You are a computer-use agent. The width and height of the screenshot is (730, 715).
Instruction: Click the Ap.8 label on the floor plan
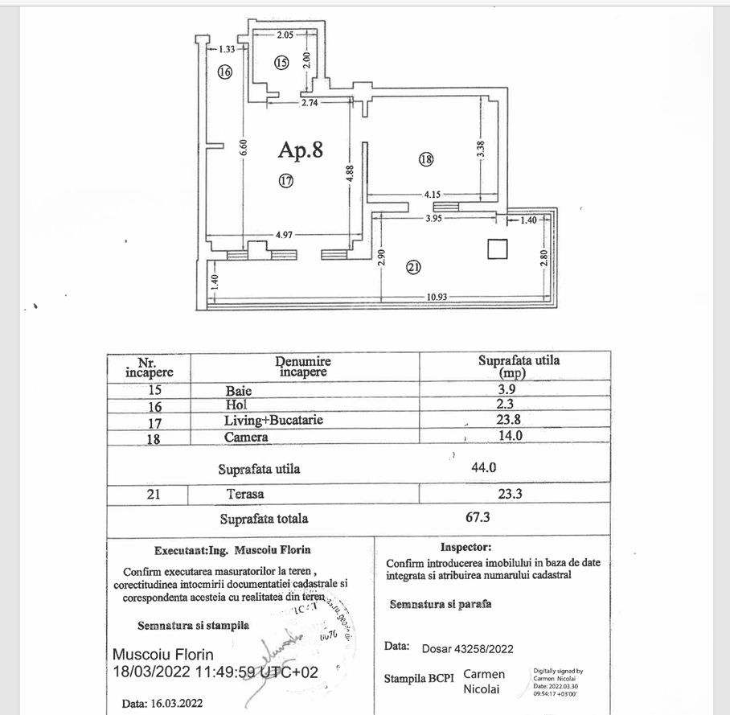pos(301,150)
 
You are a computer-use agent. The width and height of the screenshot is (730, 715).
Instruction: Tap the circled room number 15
pos(281,63)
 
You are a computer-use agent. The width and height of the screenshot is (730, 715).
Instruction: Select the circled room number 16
pos(224,72)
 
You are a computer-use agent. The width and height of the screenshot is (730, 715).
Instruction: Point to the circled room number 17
pos(286,181)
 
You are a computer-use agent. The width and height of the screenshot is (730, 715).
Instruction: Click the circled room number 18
pos(425,159)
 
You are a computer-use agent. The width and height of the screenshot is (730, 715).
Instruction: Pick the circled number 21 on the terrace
pos(413,269)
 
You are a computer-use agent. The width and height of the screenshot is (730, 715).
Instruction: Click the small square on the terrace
pos(498,249)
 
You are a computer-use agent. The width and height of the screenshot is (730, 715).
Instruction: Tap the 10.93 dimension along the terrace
pos(437,297)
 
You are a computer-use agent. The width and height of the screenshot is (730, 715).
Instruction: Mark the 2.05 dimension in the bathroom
pos(286,35)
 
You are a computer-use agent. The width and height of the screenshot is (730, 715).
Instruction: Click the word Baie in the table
pos(239,390)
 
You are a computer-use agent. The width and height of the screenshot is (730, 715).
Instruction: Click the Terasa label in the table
pos(245,495)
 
